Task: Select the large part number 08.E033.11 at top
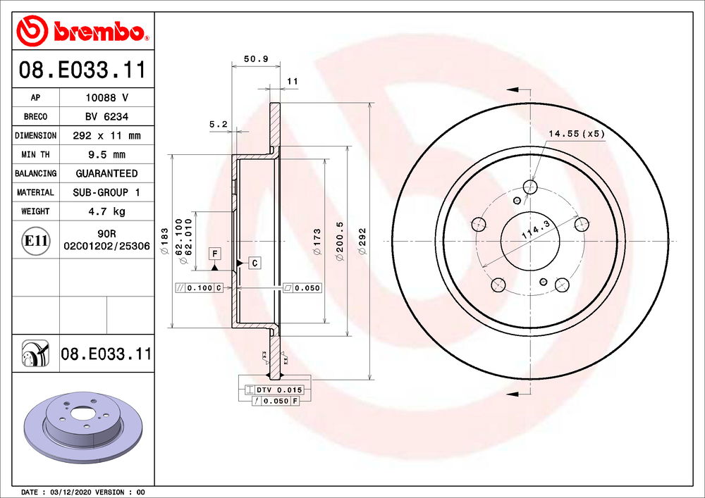pos(82,70)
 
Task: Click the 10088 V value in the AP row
pos(106,98)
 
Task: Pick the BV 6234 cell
pos(106,117)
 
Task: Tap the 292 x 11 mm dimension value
pos(106,135)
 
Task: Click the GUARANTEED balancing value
pos(106,173)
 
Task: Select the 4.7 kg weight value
pos(106,211)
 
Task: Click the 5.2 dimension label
pos(218,124)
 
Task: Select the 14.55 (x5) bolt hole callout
pos(577,133)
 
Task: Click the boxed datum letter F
pos(214,252)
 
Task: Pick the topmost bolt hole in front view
pos(530,186)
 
